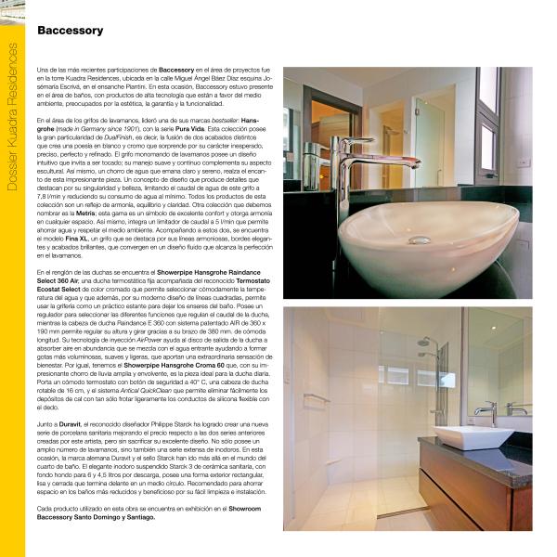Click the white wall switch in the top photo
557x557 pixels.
[x=524, y=161]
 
